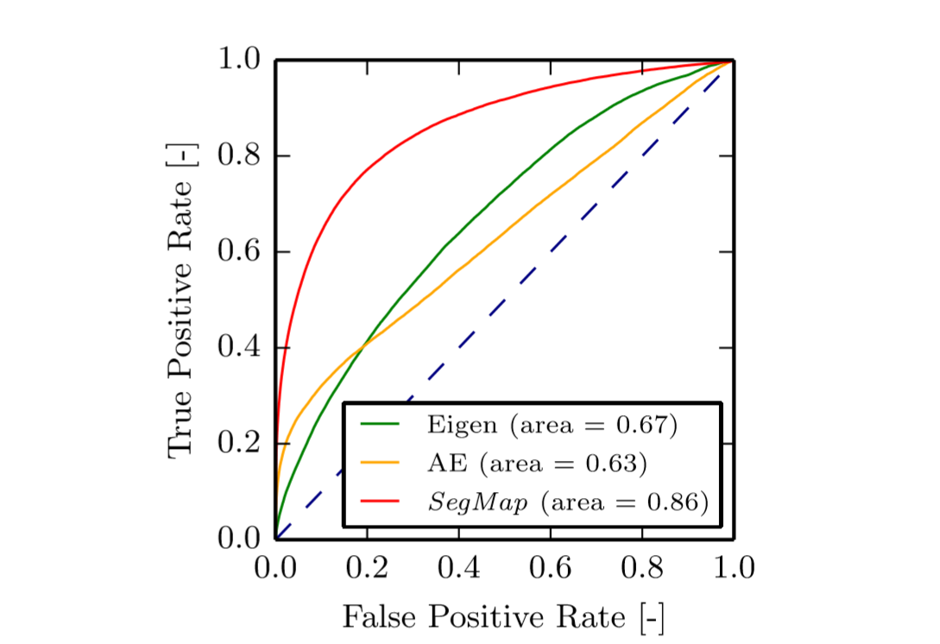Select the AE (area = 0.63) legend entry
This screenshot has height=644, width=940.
click(x=536, y=464)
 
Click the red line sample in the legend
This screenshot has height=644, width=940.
click(x=380, y=503)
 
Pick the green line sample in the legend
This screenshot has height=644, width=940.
click(x=380, y=424)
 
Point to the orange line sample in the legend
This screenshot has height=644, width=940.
click(x=380, y=464)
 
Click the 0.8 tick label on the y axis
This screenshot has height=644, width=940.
click(x=239, y=156)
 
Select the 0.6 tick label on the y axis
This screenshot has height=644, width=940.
click(x=239, y=252)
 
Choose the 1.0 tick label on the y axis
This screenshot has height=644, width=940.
click(x=239, y=60)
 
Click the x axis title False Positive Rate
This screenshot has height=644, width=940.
click(x=504, y=617)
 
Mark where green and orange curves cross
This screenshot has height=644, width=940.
click(x=362, y=345)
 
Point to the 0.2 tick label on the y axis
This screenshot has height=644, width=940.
click(x=239, y=444)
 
